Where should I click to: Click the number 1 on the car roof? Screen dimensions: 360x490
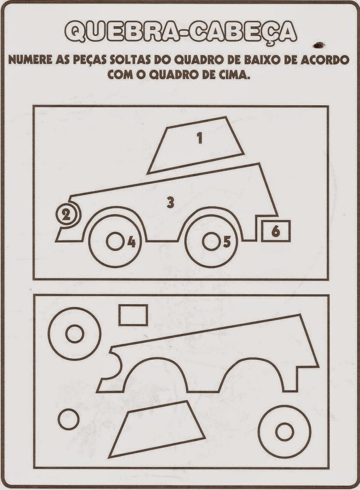(x=200, y=138)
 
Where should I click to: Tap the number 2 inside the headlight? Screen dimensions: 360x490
(x=65, y=214)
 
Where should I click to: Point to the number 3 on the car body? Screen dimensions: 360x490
(x=170, y=202)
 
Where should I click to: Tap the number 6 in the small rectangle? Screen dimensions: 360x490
(x=276, y=231)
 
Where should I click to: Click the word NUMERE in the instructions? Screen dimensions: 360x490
(x=28, y=60)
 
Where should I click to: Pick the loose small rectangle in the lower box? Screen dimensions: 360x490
(x=133, y=315)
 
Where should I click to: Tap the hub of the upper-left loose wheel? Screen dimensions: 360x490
(x=75, y=334)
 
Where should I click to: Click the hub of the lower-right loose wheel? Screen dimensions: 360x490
(x=285, y=433)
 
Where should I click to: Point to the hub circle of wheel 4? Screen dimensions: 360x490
(x=115, y=241)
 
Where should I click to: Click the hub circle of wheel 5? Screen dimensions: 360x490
(x=211, y=241)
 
